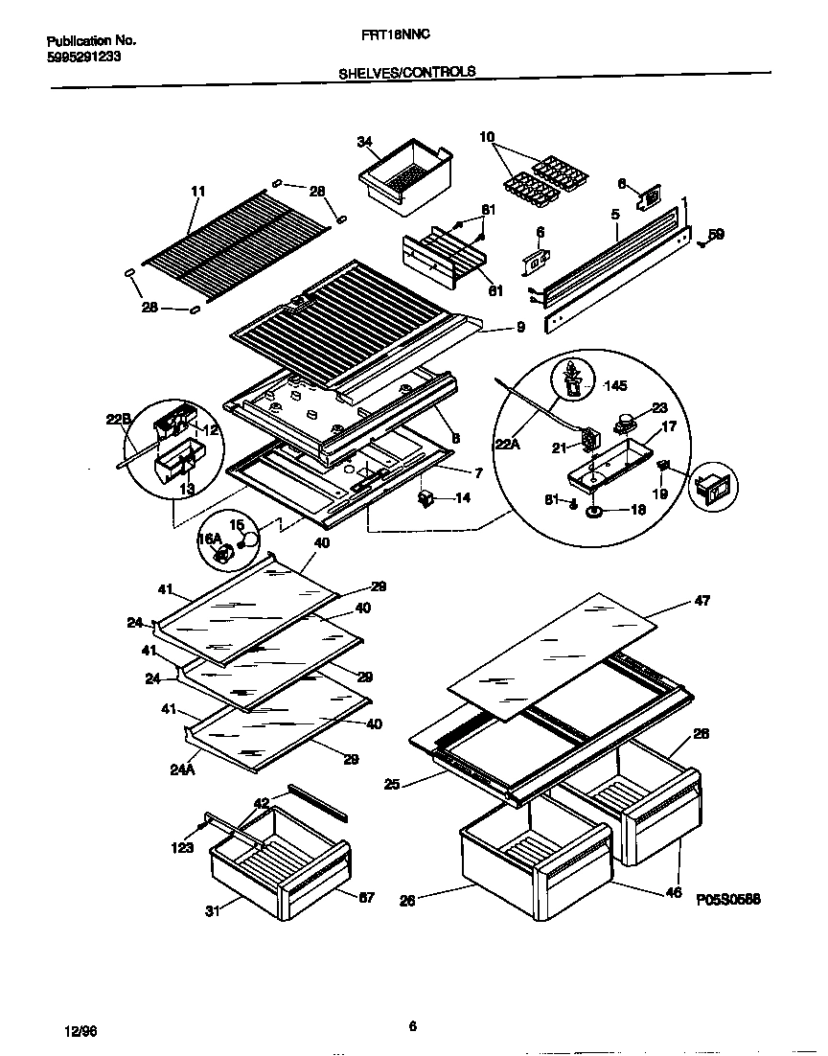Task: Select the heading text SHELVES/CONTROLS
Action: pyautogui.click(x=406, y=72)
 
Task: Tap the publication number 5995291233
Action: pyautogui.click(x=83, y=57)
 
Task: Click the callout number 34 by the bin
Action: pyautogui.click(x=364, y=142)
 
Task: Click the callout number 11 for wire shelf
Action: pyautogui.click(x=198, y=192)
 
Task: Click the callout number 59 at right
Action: pyautogui.click(x=717, y=233)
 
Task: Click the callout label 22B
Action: pyautogui.click(x=119, y=418)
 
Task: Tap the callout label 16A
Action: pyautogui.click(x=209, y=539)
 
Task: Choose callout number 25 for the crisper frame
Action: pyautogui.click(x=391, y=785)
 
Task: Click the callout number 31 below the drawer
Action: pyautogui.click(x=212, y=911)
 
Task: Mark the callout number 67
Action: pyautogui.click(x=366, y=898)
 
